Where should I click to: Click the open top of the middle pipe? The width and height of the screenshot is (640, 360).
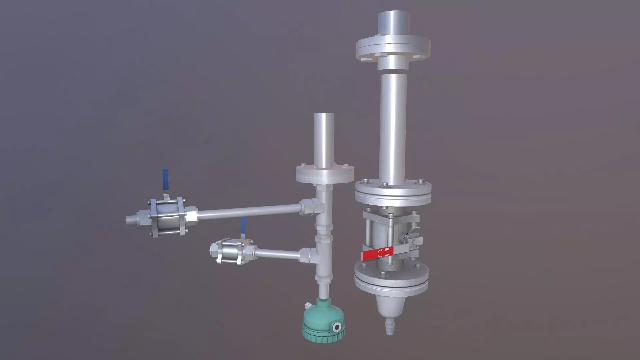tap(324, 115)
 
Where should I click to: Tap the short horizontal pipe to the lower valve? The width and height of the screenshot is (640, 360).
tap(279, 254)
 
